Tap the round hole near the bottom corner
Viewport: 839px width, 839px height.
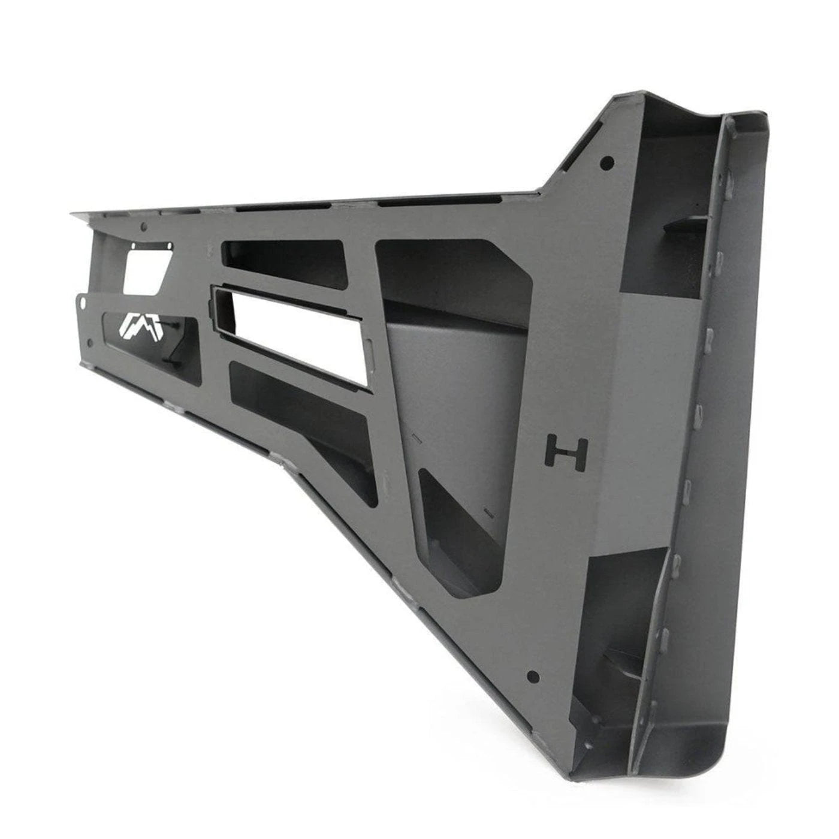click(531, 675)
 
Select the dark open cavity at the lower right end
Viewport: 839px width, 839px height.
click(623, 617)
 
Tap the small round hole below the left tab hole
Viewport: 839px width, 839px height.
click(90, 343)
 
